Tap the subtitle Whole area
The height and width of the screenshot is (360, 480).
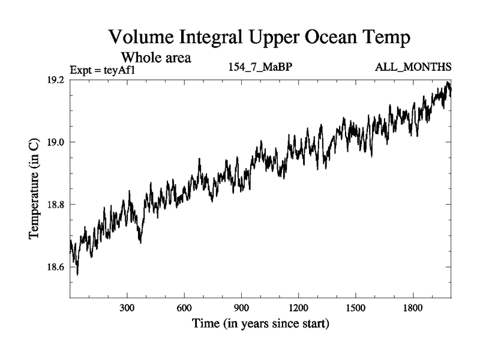(x=156, y=58)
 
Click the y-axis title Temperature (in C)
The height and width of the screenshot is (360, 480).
(x=35, y=188)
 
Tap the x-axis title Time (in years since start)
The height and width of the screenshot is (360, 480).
(x=260, y=325)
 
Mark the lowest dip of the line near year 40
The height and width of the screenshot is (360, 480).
(x=77, y=274)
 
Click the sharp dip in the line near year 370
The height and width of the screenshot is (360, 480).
(x=140, y=242)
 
